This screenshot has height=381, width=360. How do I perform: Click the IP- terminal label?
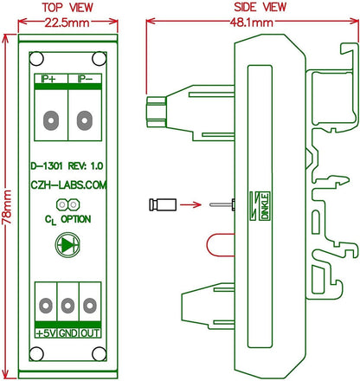(x=85, y=79)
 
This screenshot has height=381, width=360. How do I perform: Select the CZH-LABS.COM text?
(x=67, y=185)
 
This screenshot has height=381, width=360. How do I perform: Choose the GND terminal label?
(x=67, y=332)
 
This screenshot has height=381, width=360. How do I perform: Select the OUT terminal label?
(x=89, y=332)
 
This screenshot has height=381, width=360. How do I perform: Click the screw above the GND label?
(x=67, y=304)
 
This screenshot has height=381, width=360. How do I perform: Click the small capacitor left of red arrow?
(x=160, y=205)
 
